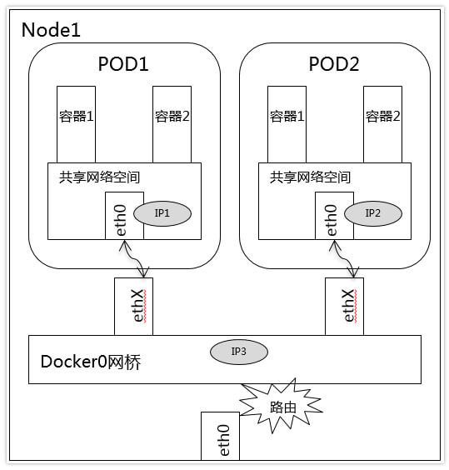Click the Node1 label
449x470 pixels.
51,30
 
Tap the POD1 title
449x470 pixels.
123,64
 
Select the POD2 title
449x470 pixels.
334,64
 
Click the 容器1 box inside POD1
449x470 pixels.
76,124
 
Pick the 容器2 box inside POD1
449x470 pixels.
172,124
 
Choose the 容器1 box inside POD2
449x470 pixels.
287,124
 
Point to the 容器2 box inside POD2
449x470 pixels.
382,124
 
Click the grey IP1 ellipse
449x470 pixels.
162,213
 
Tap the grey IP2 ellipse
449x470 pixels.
373,213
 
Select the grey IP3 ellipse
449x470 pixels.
239,352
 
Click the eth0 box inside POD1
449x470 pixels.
124,216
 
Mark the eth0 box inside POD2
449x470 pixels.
335,216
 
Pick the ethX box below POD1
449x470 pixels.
133,307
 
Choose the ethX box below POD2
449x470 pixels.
344,307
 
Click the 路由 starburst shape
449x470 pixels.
282,406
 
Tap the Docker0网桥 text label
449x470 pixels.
91,362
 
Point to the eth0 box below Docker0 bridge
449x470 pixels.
220,436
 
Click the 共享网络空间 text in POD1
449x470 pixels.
99,177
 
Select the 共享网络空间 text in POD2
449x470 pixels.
310,177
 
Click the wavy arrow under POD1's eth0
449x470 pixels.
133,259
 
